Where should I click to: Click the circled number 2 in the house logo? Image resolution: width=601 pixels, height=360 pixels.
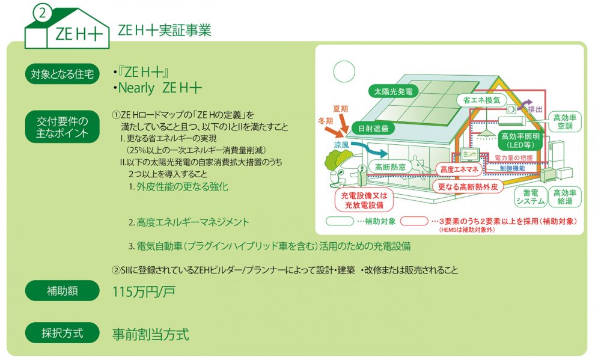tap(42, 13)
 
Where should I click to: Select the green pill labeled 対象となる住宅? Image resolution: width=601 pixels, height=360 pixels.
tap(63, 73)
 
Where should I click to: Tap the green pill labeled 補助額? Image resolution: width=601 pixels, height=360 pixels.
tap(63, 291)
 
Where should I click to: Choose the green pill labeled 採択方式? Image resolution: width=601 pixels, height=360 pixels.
tap(63, 333)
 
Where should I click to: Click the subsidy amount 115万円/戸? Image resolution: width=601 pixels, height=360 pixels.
tap(144, 292)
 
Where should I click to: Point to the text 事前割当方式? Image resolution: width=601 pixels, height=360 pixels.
tap(151, 334)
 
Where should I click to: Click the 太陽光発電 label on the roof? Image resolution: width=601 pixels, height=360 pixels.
tap(393, 91)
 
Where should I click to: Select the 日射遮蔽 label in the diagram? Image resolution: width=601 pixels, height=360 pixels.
tap(373, 129)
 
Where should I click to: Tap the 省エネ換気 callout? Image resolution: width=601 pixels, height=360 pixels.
tap(481, 100)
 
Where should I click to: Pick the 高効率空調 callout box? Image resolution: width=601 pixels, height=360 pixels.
tap(564, 121)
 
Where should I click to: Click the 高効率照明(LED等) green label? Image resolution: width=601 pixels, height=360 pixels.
tap(520, 140)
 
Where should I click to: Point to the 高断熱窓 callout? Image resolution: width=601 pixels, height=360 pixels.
tap(390, 167)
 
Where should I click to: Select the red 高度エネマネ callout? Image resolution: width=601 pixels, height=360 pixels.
tap(459, 169)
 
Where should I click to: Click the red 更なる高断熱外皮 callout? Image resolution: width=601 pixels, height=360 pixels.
tap(468, 187)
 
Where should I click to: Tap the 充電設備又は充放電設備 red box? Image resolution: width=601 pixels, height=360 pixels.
tap(364, 200)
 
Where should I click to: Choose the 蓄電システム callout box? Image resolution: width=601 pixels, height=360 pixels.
tap(531, 197)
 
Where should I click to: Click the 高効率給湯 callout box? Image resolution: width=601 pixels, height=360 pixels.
tap(564, 197)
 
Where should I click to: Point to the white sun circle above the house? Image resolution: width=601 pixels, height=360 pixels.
tap(344, 72)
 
